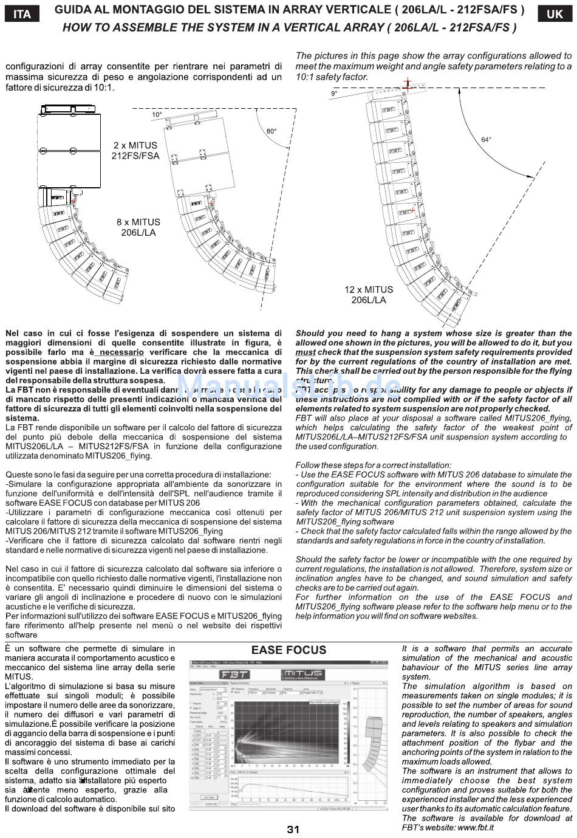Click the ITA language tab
click(x=22, y=13)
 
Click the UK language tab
click(x=555, y=13)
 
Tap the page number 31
click(x=293, y=829)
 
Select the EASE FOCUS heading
click(x=288, y=650)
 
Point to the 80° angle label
click(x=270, y=131)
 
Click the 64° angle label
click(x=486, y=139)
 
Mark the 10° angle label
click(x=157, y=114)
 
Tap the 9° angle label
click(x=333, y=94)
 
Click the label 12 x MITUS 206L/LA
click(x=369, y=295)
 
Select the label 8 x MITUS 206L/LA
click(x=138, y=227)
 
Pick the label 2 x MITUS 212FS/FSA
click(x=135, y=151)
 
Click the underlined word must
click(x=306, y=352)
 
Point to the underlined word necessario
click(x=122, y=352)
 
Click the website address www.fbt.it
click(x=475, y=827)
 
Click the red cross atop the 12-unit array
click(x=408, y=83)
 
